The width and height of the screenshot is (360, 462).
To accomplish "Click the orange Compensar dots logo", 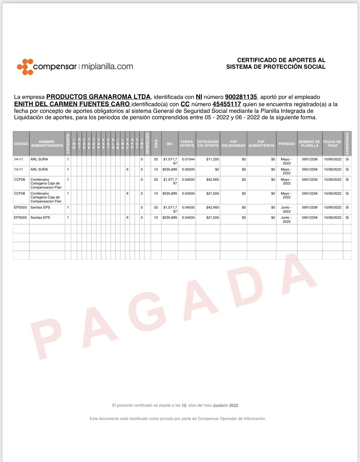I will (25, 67).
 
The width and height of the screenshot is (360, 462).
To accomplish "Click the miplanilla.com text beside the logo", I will (107, 67).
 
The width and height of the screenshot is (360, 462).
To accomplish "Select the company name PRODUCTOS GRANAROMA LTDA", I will (98, 97).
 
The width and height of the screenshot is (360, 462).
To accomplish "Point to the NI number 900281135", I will (241, 97).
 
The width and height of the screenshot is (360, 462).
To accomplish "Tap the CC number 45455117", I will (227, 104).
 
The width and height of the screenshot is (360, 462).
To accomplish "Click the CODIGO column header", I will (21, 144).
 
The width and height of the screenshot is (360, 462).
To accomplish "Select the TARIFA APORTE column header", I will (187, 144).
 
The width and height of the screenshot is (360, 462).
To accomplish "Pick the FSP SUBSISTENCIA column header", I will (261, 144).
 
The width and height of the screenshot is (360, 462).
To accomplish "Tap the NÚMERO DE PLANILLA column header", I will (309, 144).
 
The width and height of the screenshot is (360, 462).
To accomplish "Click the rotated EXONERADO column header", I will (347, 143).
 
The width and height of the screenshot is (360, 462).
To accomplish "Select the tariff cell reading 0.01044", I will (188, 159).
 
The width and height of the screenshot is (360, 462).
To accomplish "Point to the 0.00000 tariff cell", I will (188, 169).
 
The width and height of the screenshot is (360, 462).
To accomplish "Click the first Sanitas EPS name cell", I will (40, 207).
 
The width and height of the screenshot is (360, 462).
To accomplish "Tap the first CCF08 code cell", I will (19, 180).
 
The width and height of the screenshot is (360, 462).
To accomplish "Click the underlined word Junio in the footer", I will (218, 405).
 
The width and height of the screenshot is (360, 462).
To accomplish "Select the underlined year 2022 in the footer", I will (234, 405).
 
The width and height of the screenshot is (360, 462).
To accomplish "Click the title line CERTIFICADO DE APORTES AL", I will (281, 60).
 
